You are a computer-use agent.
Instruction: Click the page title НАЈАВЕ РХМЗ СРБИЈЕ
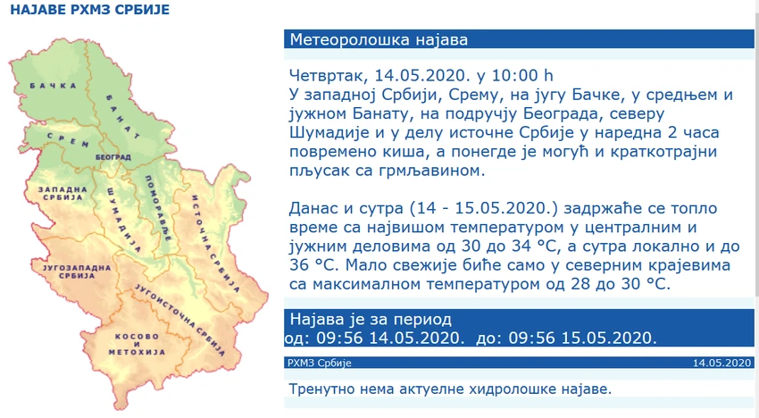[x=90, y=10]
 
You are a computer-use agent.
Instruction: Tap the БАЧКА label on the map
[x=54, y=86]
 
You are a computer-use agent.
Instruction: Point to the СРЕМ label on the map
[x=68, y=139]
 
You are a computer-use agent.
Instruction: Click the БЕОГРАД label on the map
[x=113, y=157]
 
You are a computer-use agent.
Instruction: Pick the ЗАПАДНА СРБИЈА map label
[x=63, y=193]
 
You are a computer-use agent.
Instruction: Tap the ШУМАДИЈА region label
[x=124, y=221]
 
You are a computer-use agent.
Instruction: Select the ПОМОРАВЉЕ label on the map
[x=158, y=208]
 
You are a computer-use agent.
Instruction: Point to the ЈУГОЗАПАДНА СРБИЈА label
[x=77, y=272]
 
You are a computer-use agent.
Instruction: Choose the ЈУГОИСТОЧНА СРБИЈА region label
[x=180, y=320]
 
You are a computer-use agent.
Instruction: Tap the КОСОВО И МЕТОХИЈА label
[x=137, y=345]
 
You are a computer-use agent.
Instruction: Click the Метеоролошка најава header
[x=379, y=39]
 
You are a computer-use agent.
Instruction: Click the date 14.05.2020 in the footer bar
[x=721, y=363]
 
